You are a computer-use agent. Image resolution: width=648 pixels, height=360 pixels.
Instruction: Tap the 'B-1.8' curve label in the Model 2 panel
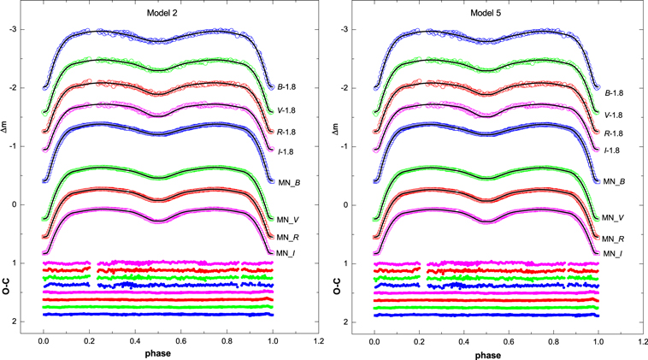coord(287,87)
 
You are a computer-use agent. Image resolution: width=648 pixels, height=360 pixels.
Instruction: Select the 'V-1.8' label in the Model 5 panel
coord(618,115)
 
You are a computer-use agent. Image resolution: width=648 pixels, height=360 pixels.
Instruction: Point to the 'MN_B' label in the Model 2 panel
coord(287,181)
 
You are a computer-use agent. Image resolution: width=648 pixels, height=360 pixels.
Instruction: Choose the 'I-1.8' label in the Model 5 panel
coord(616,150)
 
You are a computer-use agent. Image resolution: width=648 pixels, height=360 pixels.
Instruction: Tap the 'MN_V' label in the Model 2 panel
coord(287,220)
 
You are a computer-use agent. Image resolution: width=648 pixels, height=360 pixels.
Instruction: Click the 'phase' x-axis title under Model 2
coord(157,354)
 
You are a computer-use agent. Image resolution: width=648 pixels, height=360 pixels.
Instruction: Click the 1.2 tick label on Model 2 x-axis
coord(318,340)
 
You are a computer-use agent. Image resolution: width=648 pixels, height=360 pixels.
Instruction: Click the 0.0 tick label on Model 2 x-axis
coord(44,340)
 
